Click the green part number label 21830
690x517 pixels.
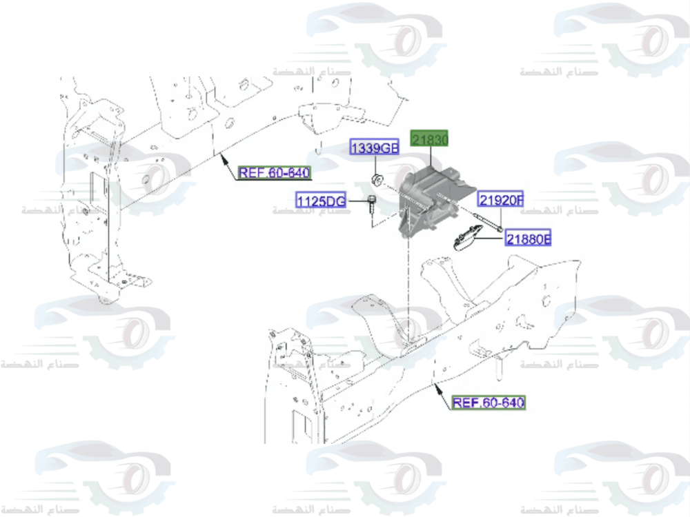[430, 140]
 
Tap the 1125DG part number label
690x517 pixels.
[321, 201]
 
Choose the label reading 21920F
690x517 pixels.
[501, 200]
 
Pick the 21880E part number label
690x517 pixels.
[528, 239]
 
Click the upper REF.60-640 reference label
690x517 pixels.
[274, 173]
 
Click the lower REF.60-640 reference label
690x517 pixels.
[489, 402]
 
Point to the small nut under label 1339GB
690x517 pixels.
[377, 181]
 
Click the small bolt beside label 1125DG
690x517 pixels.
[372, 205]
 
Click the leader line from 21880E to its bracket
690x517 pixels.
[491, 239]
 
